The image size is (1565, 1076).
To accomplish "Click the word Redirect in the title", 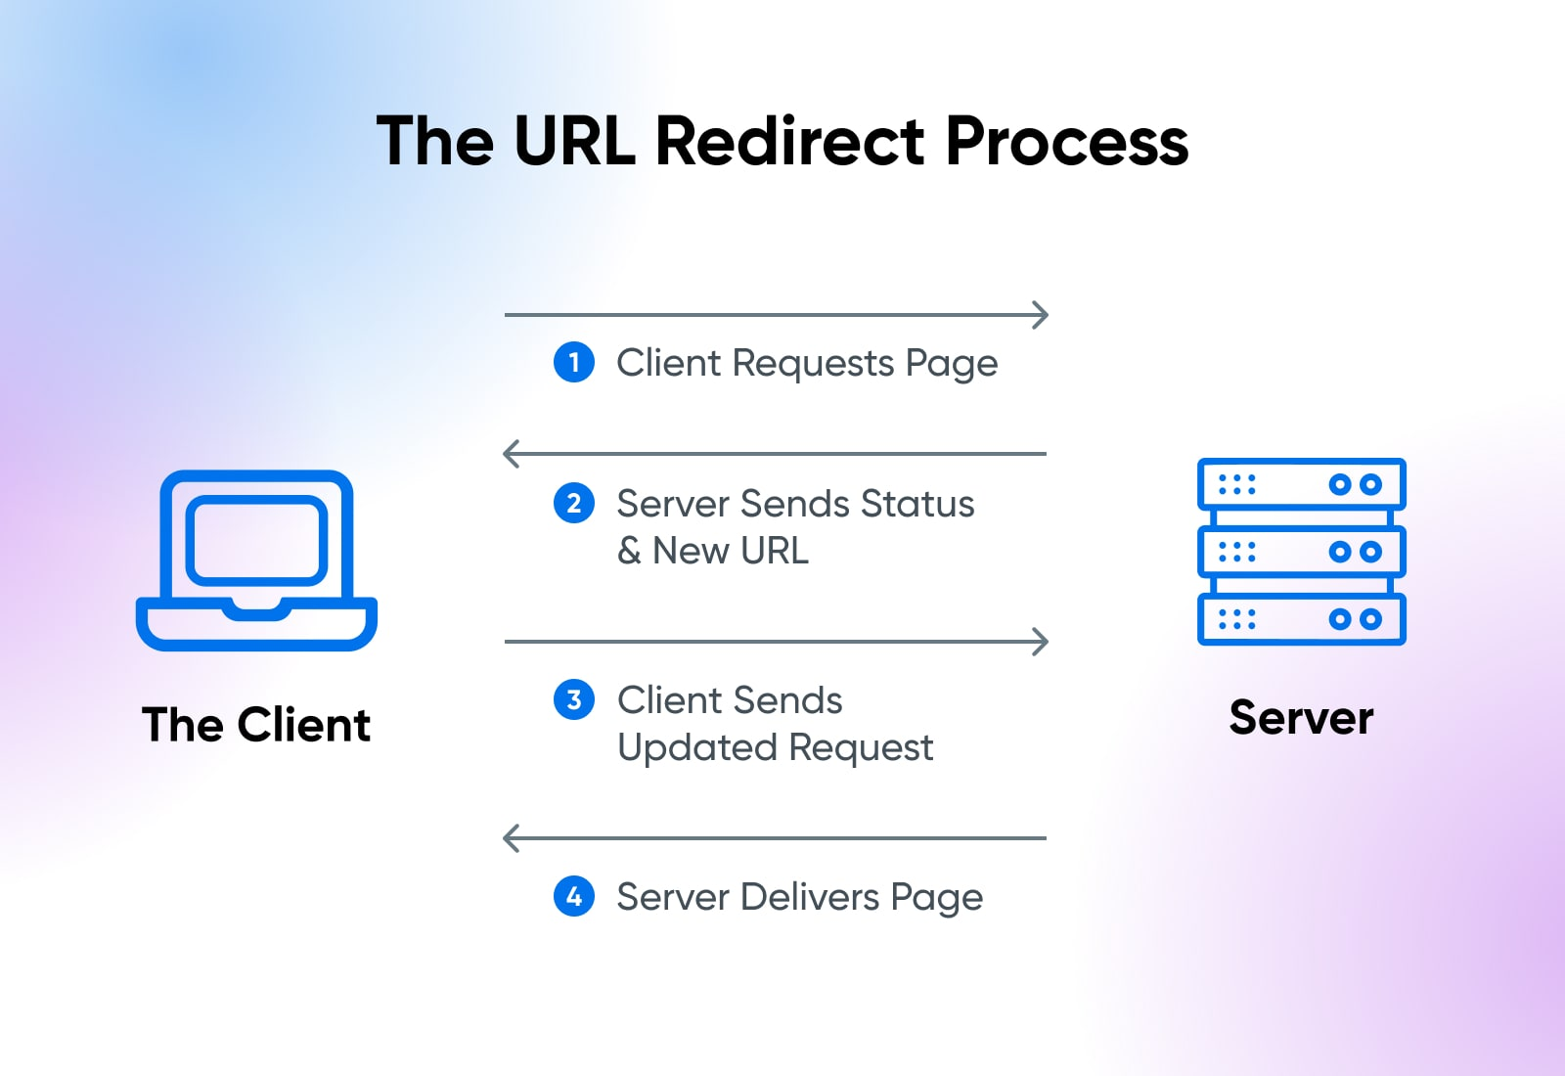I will (x=789, y=142).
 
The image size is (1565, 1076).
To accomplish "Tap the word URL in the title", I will (x=574, y=142).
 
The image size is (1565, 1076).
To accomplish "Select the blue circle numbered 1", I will (x=574, y=363).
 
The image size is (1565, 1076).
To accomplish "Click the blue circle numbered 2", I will (x=574, y=504).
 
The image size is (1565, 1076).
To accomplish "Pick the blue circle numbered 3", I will (x=574, y=700).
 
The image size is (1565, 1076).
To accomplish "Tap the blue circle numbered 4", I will (x=574, y=896).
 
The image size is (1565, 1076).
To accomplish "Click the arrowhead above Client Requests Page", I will (x=1042, y=315).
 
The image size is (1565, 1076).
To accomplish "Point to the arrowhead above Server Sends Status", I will (x=510, y=454).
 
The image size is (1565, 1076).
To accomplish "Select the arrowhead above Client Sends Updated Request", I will (x=1042, y=642).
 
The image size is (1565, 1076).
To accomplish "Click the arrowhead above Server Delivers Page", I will (x=510, y=838).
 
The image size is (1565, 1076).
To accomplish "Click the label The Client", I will (x=256, y=726).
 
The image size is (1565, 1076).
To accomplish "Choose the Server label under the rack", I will (x=1301, y=719).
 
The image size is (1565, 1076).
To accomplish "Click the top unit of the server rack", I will (x=1301, y=484).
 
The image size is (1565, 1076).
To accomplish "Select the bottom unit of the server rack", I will (x=1301, y=619).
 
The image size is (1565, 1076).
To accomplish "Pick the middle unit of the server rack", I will (x=1301, y=552).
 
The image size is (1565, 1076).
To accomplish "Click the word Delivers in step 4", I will (x=810, y=897).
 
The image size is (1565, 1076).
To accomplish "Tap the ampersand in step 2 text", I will (x=629, y=552).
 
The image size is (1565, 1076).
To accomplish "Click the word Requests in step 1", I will (x=814, y=364).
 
